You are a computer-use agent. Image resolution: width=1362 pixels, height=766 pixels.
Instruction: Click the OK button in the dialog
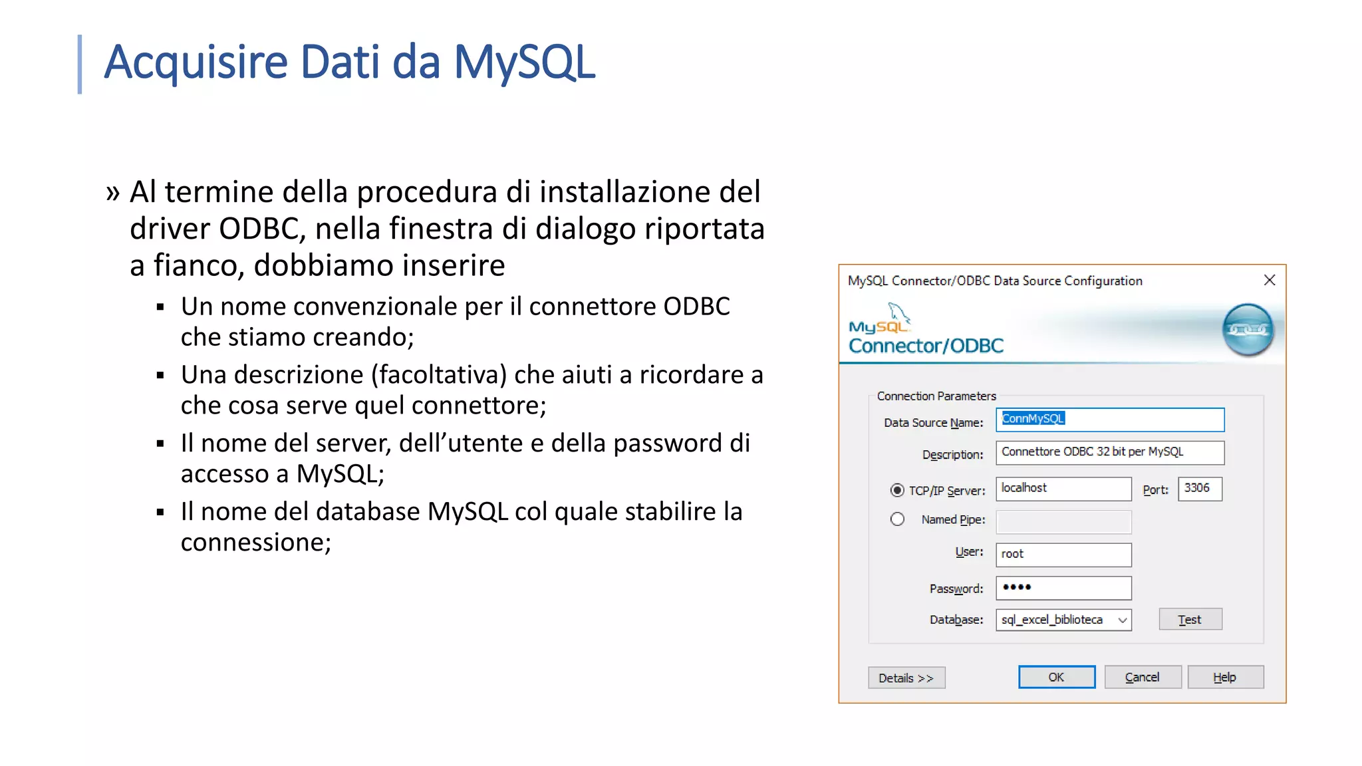pos(1056,677)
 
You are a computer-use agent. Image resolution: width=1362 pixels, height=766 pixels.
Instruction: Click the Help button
pos(1225,677)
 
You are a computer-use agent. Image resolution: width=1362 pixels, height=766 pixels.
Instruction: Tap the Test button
pos(1190,619)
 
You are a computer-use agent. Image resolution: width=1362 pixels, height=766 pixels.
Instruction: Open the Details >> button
pos(906,678)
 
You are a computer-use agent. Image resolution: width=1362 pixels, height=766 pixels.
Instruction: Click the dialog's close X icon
pos(1269,281)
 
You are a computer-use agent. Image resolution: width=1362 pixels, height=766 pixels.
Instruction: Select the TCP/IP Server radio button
pos(897,490)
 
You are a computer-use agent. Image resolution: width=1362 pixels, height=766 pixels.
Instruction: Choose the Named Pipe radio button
pos(897,519)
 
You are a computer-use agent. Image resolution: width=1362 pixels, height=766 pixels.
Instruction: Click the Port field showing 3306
pos(1199,488)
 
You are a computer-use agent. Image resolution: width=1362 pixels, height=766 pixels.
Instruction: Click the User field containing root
pos(1063,554)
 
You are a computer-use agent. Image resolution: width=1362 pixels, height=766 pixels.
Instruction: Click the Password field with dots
pos(1063,587)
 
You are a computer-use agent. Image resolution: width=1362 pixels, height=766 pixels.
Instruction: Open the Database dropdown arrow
pos(1123,620)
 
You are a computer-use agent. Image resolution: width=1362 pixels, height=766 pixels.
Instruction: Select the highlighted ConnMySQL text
pos(1033,418)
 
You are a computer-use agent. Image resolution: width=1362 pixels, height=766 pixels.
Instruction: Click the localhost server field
pos(1063,488)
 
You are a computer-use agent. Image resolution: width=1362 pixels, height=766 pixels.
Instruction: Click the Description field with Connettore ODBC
pos(1109,452)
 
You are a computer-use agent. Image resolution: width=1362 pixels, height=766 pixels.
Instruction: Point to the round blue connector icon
pos(1248,330)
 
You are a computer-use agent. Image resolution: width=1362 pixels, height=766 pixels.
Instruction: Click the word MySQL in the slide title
pos(524,62)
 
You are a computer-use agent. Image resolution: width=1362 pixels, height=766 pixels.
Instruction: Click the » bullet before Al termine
pos(112,193)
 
